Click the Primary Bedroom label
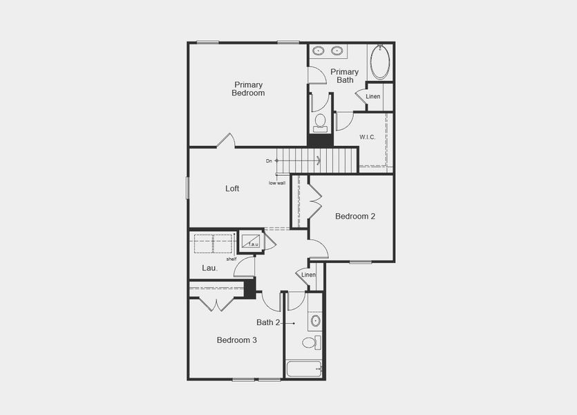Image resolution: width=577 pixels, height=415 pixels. point(248,89)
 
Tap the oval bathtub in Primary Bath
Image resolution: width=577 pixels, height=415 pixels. point(380,62)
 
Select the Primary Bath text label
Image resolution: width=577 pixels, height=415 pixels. point(344,76)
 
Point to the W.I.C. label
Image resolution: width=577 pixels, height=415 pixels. point(367,137)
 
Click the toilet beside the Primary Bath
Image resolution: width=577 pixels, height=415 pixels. point(320,122)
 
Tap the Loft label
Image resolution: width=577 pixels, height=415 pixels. point(232,188)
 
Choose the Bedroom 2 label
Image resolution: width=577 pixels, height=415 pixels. point(355,216)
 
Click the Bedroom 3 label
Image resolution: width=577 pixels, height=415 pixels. point(237,340)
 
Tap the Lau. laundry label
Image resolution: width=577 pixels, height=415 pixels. point(209,268)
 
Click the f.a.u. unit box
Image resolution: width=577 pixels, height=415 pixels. point(251,241)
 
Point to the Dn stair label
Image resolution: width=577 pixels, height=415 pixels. point(269,161)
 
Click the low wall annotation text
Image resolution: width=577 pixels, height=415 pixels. point(277,183)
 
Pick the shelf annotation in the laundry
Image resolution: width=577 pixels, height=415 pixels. point(231,259)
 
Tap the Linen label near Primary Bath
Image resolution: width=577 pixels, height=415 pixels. point(373,96)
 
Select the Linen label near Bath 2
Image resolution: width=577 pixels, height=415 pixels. point(308,275)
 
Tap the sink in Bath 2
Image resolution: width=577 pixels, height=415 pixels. point(315,321)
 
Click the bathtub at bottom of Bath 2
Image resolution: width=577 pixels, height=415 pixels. point(303,369)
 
